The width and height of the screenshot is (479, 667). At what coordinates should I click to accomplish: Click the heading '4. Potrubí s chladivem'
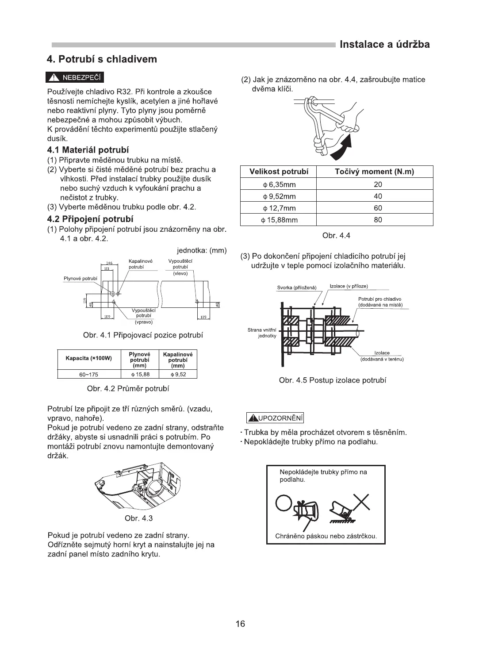[102, 59]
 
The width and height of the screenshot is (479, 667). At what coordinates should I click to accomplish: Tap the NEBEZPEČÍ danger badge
[75, 78]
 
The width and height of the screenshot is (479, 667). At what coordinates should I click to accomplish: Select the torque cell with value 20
[377, 184]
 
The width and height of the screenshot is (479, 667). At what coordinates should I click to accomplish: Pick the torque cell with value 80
[377, 220]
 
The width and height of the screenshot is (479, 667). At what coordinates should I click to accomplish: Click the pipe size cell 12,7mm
[279, 208]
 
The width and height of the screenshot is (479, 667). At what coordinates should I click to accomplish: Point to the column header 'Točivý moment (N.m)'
[375, 172]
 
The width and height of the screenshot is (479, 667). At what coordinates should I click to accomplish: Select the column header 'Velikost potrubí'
[279, 172]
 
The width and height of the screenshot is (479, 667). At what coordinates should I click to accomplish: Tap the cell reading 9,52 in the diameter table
[178, 374]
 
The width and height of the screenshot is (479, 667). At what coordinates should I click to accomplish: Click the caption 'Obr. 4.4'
[336, 236]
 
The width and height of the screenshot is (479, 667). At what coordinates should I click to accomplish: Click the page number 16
[240, 624]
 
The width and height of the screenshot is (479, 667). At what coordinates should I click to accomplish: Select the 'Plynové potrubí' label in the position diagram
[80, 279]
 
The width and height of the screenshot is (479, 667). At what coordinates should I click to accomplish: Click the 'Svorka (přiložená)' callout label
[297, 287]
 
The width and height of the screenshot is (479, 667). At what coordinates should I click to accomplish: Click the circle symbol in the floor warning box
[284, 502]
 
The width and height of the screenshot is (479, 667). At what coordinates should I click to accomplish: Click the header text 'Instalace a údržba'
[384, 45]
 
